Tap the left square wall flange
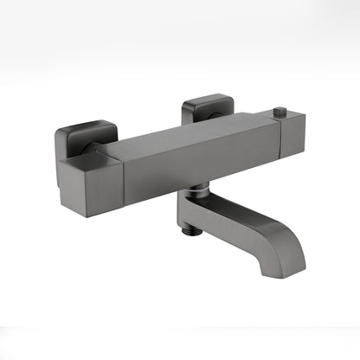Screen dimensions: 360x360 coord(84,137)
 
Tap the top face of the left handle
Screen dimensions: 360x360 coord(87,159)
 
